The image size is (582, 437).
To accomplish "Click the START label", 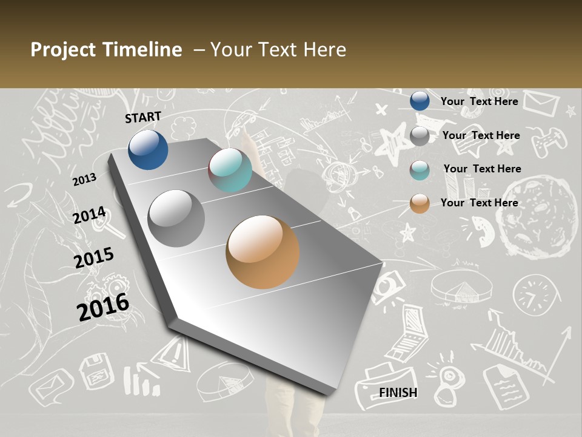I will tap(143, 117).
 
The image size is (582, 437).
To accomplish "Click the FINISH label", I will tap(398, 393).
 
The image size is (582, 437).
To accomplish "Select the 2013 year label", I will tap(84, 180).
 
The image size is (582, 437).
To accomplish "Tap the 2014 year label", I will tap(90, 215).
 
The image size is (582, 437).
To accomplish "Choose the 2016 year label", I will tap(103, 307).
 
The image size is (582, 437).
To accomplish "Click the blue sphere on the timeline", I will tap(148, 149).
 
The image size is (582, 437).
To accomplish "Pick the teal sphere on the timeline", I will tap(230, 170).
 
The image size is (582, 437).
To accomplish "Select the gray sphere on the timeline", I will tap(176, 218).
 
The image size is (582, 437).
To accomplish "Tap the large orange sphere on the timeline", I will tap(263, 252).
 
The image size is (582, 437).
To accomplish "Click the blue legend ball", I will tap(420, 101).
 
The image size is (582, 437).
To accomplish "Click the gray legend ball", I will tap(420, 136).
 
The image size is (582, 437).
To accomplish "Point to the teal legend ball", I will tap(420, 170).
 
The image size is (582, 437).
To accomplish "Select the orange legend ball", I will tap(420, 203).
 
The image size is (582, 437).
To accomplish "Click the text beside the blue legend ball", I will tap(479, 101).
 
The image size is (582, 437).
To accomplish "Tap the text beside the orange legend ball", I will tap(479, 203).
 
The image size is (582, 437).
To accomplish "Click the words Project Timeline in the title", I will tap(106, 50).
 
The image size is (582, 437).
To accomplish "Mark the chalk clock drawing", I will tap(534, 294).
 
